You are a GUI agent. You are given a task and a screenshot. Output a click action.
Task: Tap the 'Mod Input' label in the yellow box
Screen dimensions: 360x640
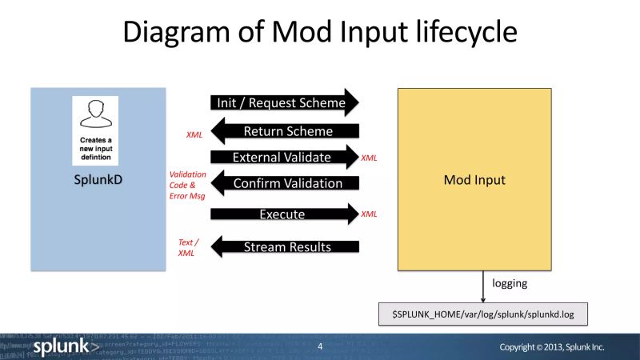pyautogui.click(x=474, y=180)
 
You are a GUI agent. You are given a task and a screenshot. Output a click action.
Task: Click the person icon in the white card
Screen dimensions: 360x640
pyautogui.click(x=95, y=114)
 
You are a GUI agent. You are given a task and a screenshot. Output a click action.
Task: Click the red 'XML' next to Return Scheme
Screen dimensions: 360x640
pyautogui.click(x=194, y=135)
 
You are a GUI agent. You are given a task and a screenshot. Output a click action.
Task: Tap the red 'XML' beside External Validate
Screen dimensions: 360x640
pyautogui.click(x=369, y=158)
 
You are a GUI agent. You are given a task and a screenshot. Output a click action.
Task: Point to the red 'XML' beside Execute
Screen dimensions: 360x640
pyautogui.click(x=369, y=214)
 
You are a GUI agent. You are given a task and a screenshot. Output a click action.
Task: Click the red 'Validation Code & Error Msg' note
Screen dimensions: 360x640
pyautogui.click(x=187, y=184)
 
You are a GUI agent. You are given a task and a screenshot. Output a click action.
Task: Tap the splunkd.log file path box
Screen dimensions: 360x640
pyautogui.click(x=482, y=314)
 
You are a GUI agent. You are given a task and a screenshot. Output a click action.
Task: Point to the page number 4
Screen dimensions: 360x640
pyautogui.click(x=320, y=347)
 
